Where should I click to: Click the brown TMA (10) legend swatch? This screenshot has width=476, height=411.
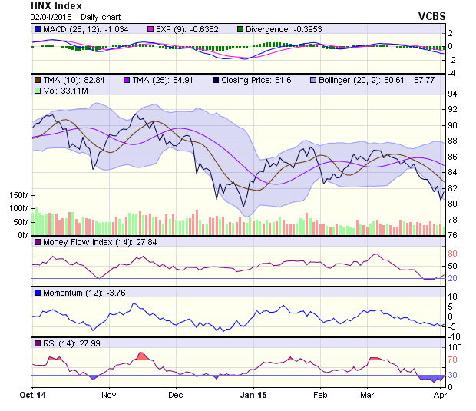pos(38,79)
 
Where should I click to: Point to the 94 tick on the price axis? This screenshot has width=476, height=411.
pos(452,94)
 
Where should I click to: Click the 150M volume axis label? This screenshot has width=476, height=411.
pos(18,196)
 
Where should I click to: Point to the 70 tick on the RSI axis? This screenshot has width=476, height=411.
pos(452,360)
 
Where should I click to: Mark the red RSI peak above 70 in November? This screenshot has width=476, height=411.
pos(141,356)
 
